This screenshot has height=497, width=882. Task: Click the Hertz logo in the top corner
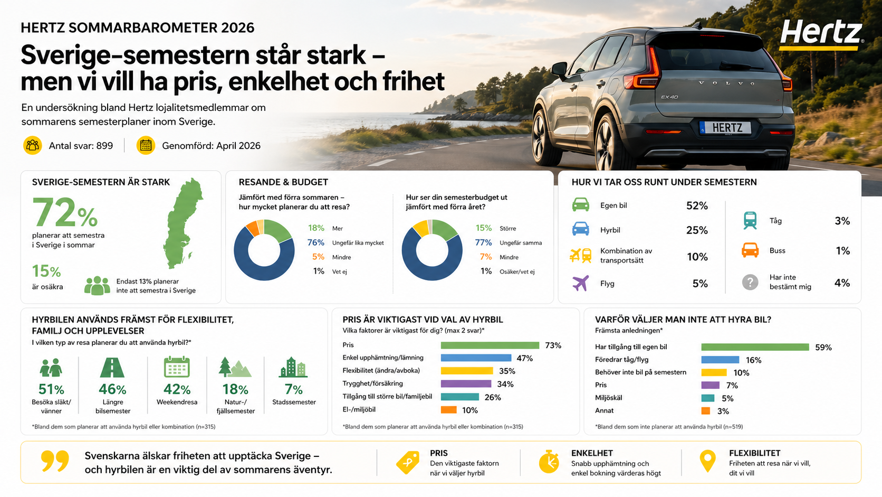pos(821,34)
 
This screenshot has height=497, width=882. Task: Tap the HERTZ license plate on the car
pos(727,128)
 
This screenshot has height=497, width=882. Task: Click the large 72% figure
pos(65,213)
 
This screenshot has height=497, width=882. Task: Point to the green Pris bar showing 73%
pos(490,345)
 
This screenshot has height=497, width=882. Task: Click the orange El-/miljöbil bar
pos(448,410)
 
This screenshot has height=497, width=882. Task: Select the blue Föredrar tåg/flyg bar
pos(720,360)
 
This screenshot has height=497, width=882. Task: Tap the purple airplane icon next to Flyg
pos(580,283)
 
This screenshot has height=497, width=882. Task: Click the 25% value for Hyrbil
pos(696,230)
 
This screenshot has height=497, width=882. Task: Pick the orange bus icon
pos(750,250)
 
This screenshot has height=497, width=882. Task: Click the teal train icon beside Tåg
pos(750,220)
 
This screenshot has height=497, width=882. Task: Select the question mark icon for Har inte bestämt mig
pos(750,283)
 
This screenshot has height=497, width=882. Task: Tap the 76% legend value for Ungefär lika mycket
pos(315,242)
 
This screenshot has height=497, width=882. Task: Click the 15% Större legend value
pos(483,228)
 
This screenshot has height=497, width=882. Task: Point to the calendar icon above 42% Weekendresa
pos(177,367)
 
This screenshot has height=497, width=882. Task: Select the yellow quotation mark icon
pos(55,461)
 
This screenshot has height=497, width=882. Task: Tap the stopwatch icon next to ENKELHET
pos(549,462)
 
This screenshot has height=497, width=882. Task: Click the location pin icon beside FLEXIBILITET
pos(707,461)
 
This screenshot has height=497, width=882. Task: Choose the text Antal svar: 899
pos(81,146)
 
